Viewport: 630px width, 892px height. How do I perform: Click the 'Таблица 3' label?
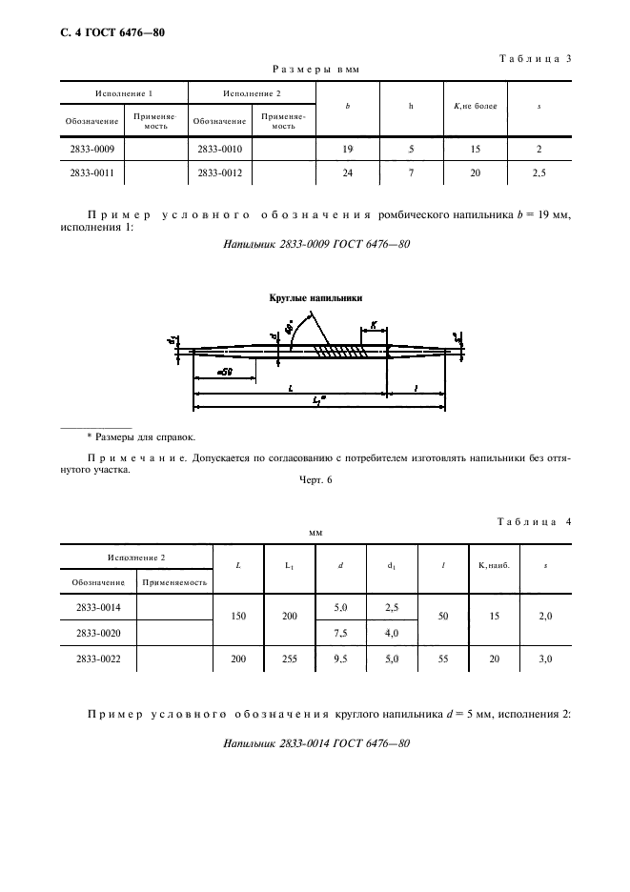pyautogui.click(x=534, y=58)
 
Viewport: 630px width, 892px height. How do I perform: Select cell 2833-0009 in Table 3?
pyautogui.click(x=91, y=150)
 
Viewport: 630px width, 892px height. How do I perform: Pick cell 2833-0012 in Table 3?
pyautogui.click(x=219, y=172)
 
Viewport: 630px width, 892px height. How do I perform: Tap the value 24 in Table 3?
pyautogui.click(x=347, y=172)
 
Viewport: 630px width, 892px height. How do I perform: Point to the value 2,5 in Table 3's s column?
pyautogui.click(x=539, y=172)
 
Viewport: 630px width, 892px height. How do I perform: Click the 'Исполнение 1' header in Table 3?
pyautogui.click(x=124, y=93)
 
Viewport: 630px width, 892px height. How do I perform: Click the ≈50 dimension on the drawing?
pyautogui.click(x=225, y=372)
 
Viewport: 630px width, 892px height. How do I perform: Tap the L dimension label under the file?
pyautogui.click(x=289, y=390)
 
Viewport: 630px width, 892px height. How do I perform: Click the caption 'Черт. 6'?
pyautogui.click(x=315, y=480)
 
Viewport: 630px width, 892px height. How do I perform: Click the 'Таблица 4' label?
pyautogui.click(x=534, y=521)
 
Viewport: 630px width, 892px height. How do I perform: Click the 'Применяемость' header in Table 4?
pyautogui.click(x=174, y=580)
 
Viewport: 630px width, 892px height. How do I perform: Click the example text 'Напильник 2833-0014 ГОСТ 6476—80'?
pyautogui.click(x=315, y=744)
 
